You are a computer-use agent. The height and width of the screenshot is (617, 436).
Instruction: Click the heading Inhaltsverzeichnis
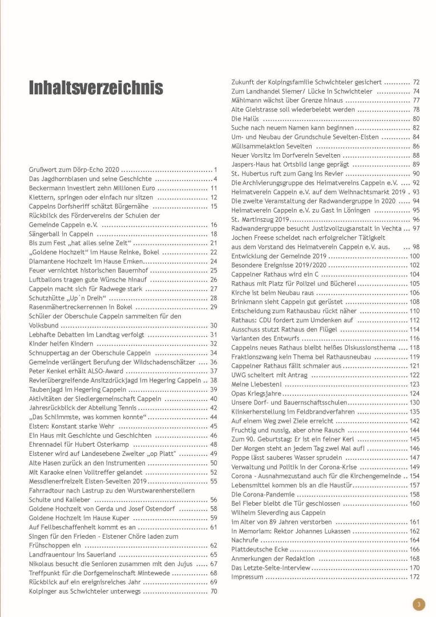coord(96,88)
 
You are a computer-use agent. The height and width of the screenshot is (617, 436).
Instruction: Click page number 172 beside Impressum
coord(414,577)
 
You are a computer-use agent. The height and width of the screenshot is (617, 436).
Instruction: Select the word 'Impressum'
coord(247,577)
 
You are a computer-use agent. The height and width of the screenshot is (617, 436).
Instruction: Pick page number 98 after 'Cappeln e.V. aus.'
coord(415,247)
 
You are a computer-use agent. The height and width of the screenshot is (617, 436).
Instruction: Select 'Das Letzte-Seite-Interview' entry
coord(271,568)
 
